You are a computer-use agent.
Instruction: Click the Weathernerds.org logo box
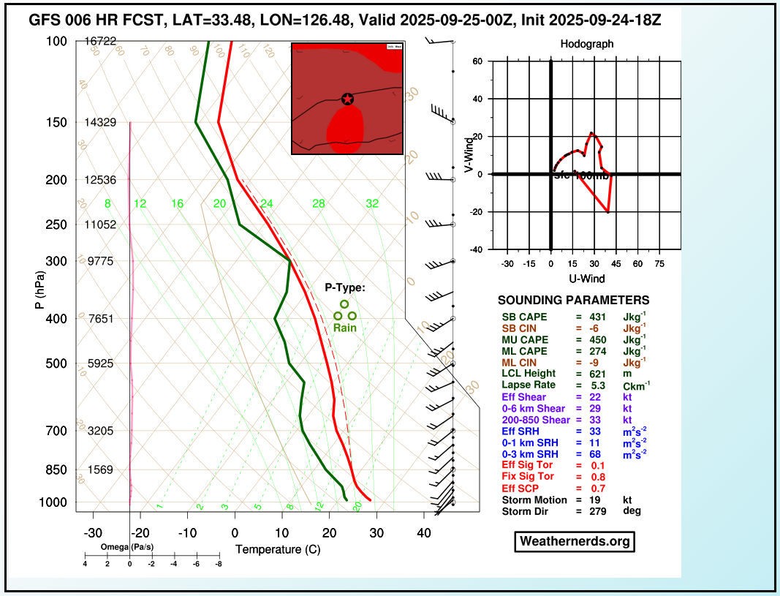574,541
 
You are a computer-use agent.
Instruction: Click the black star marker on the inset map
347,99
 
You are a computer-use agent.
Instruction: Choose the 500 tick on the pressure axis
56,363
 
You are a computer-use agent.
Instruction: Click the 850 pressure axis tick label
56,469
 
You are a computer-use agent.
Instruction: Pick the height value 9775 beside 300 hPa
102,261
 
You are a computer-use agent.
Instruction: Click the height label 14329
100,122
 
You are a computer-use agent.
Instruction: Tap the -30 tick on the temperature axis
93,534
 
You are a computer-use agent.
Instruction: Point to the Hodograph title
587,44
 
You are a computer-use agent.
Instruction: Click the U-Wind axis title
587,279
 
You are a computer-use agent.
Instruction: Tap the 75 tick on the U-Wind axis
659,263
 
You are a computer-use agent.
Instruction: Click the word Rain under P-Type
345,328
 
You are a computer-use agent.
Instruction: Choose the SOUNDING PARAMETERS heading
573,301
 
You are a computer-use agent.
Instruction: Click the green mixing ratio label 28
318,203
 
